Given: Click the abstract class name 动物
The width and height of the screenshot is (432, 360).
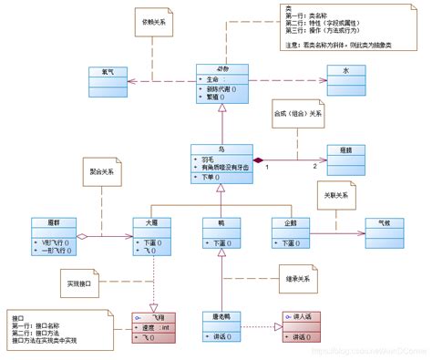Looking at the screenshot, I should pyautogui.click(x=222, y=69).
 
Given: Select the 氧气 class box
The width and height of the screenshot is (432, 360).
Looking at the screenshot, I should pyautogui.click(x=108, y=80).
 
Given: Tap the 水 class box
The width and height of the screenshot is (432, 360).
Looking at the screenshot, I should pyautogui.click(x=345, y=80).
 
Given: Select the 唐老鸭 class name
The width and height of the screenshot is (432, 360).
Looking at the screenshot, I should pyautogui.click(x=221, y=316).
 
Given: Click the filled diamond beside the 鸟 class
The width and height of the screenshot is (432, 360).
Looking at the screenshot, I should pyautogui.click(x=258, y=157).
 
